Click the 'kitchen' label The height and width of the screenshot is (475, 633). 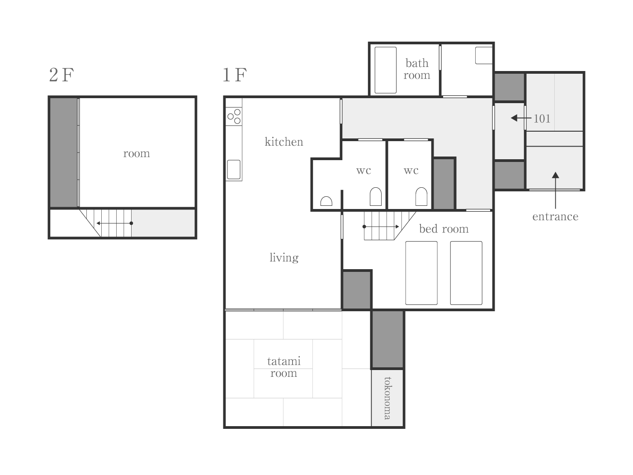coord(284,142)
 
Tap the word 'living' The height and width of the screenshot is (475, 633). coord(284,257)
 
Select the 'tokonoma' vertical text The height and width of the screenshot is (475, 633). coord(388,398)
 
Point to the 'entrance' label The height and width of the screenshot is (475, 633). coord(555,217)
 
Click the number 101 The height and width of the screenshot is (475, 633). coord(542,119)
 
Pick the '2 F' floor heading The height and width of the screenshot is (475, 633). coord(61,75)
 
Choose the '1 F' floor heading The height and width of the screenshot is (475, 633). coord(235,75)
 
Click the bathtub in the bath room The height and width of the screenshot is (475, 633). coord(386,70)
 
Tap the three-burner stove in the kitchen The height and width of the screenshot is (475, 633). coord(234,117)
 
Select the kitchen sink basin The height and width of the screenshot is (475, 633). coord(234,170)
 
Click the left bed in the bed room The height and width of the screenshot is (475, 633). coord(421,273)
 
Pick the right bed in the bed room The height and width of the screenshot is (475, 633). coord(466,273)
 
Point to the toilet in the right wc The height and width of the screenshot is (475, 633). coord(421,197)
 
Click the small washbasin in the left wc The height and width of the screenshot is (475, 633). coord(326,201)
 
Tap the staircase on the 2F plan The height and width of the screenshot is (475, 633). coord(105,223)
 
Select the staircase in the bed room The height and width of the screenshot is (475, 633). coord(390,226)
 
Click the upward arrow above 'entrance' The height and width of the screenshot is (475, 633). coord(555,190)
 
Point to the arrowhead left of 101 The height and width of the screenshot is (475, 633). coord(514,118)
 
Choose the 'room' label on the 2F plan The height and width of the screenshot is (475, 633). coord(137,154)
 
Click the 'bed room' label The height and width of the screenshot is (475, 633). coord(444,229)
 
